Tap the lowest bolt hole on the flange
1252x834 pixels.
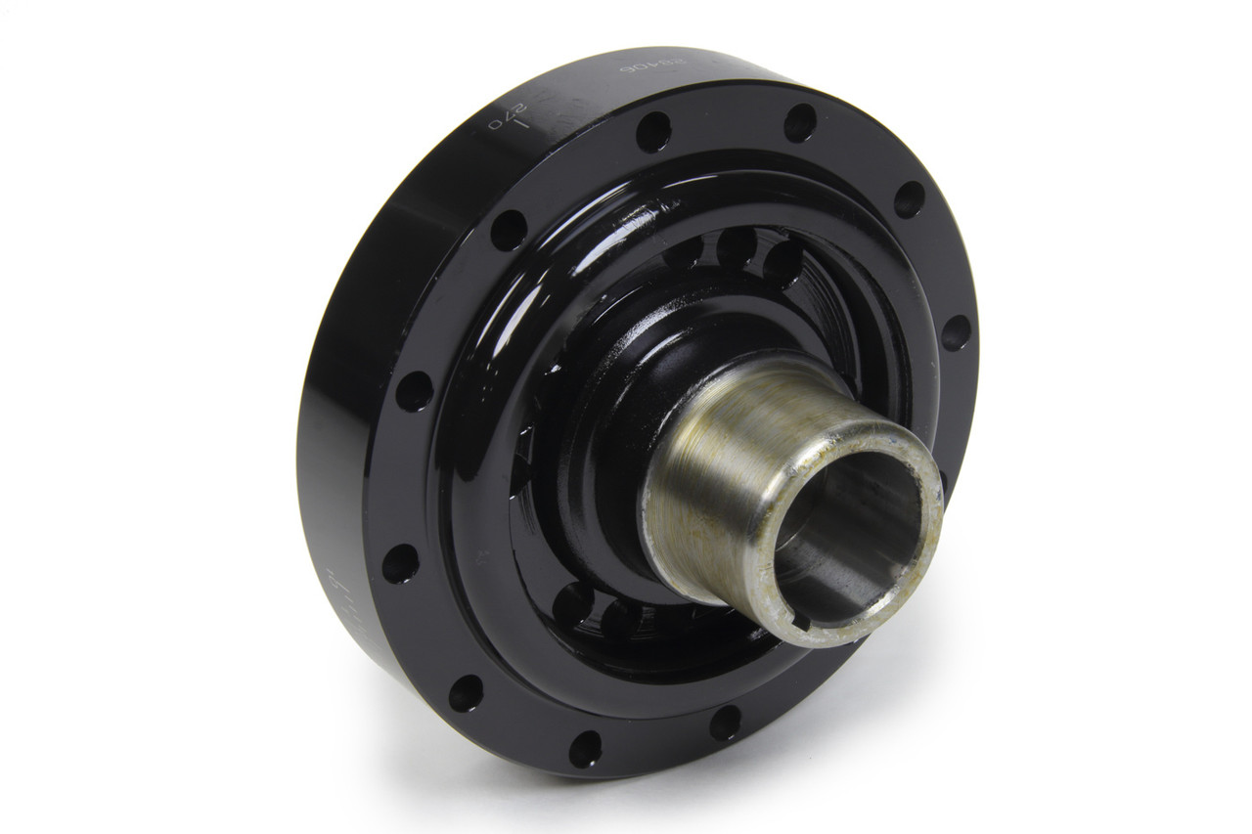click(585, 749)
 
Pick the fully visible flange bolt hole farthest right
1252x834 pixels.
click(956, 332)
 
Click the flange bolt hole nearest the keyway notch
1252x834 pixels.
click(725, 724)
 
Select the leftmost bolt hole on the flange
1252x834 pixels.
click(400, 564)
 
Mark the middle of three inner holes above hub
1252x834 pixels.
click(736, 246)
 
